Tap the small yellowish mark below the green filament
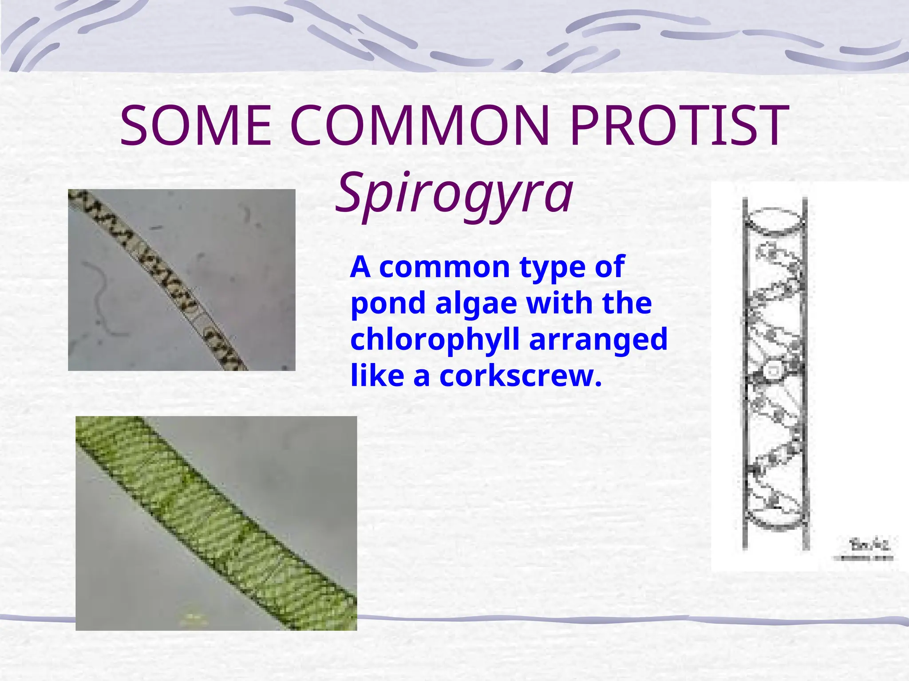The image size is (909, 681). pos(191,616)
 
